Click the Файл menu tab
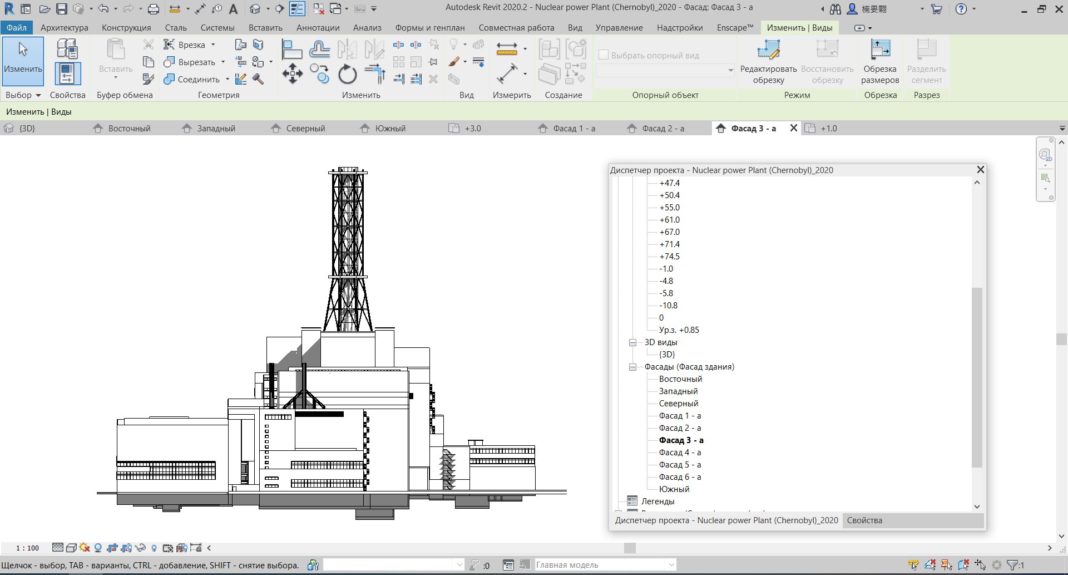(x=17, y=28)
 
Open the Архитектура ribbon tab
(x=65, y=28)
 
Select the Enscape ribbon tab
(x=735, y=28)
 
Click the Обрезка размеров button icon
(x=880, y=50)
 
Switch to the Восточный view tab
(x=129, y=129)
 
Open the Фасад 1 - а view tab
(x=573, y=129)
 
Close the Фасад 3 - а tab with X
(x=794, y=128)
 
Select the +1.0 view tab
(x=828, y=129)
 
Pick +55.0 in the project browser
(x=669, y=208)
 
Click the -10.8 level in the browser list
(x=668, y=306)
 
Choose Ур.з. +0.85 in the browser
(x=679, y=330)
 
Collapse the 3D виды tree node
(x=632, y=342)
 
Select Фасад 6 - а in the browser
(x=680, y=477)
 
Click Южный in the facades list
(x=674, y=489)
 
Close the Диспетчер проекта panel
(x=981, y=170)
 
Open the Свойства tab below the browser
(x=864, y=520)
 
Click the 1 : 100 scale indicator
(x=27, y=548)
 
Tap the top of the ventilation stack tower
(x=348, y=170)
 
